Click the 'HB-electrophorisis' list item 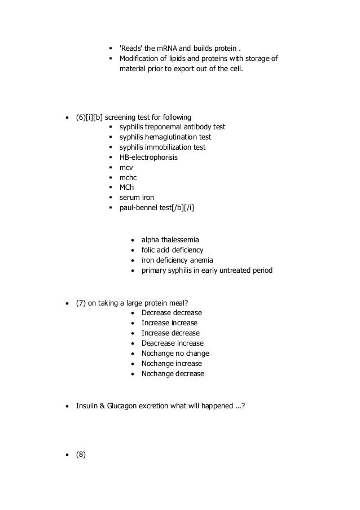[x=148, y=158]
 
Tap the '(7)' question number [x=81, y=302]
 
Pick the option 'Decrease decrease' [x=172, y=312]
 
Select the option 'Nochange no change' [x=175, y=353]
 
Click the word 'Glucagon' [x=129, y=406]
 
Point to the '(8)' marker [x=81, y=453]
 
